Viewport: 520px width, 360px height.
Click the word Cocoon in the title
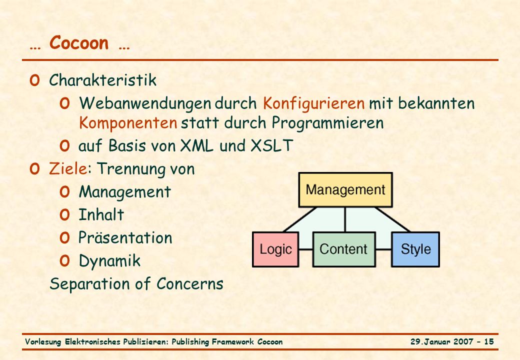coord(79,43)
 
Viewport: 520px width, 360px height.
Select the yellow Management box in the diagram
coord(345,190)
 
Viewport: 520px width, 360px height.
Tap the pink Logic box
coord(275,249)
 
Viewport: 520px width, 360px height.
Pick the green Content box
coord(344,249)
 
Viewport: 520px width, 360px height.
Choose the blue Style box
coord(415,249)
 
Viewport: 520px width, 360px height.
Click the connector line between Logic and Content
coord(305,249)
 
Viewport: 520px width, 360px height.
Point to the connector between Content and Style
coord(383,249)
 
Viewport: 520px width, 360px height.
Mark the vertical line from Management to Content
coord(345,220)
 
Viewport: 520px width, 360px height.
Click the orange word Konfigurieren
coord(313,103)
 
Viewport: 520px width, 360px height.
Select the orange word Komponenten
coord(128,123)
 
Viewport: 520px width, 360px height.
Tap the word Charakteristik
coord(103,80)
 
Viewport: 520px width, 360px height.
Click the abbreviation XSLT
coord(271,145)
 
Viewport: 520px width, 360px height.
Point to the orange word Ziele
coord(68,168)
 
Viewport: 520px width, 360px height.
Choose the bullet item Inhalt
coord(101,214)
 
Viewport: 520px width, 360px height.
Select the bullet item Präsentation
coord(125,237)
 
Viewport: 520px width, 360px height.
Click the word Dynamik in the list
coord(110,261)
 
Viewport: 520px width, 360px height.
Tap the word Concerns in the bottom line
coord(189,284)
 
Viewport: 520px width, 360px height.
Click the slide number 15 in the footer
coord(489,341)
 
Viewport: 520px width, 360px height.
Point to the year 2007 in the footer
coord(463,341)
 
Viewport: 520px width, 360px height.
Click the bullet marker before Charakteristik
coord(34,80)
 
